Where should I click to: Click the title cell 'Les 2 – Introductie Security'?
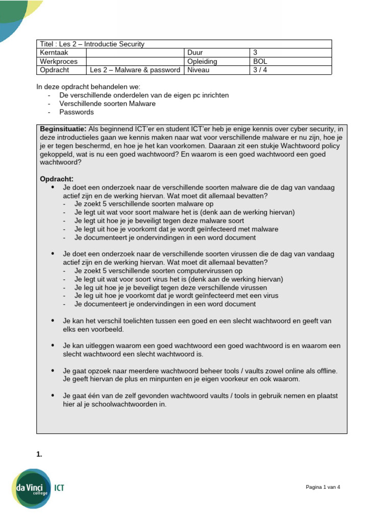point(92,44)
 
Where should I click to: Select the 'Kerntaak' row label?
point(54,53)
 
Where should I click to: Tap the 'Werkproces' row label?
point(59,61)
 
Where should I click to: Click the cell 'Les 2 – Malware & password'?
point(135,70)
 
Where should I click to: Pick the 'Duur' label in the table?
point(194,53)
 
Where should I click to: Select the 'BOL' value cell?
point(260,61)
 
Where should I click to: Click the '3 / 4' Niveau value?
point(260,70)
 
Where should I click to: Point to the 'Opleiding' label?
point(202,61)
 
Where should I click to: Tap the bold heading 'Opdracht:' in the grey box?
point(57,179)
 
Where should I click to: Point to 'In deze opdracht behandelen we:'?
point(88,87)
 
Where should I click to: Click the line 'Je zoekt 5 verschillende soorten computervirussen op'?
point(158,271)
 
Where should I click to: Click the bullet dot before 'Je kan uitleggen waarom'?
point(53,346)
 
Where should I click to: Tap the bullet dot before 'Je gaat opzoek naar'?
point(53,371)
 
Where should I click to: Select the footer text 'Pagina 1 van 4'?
point(323,487)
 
